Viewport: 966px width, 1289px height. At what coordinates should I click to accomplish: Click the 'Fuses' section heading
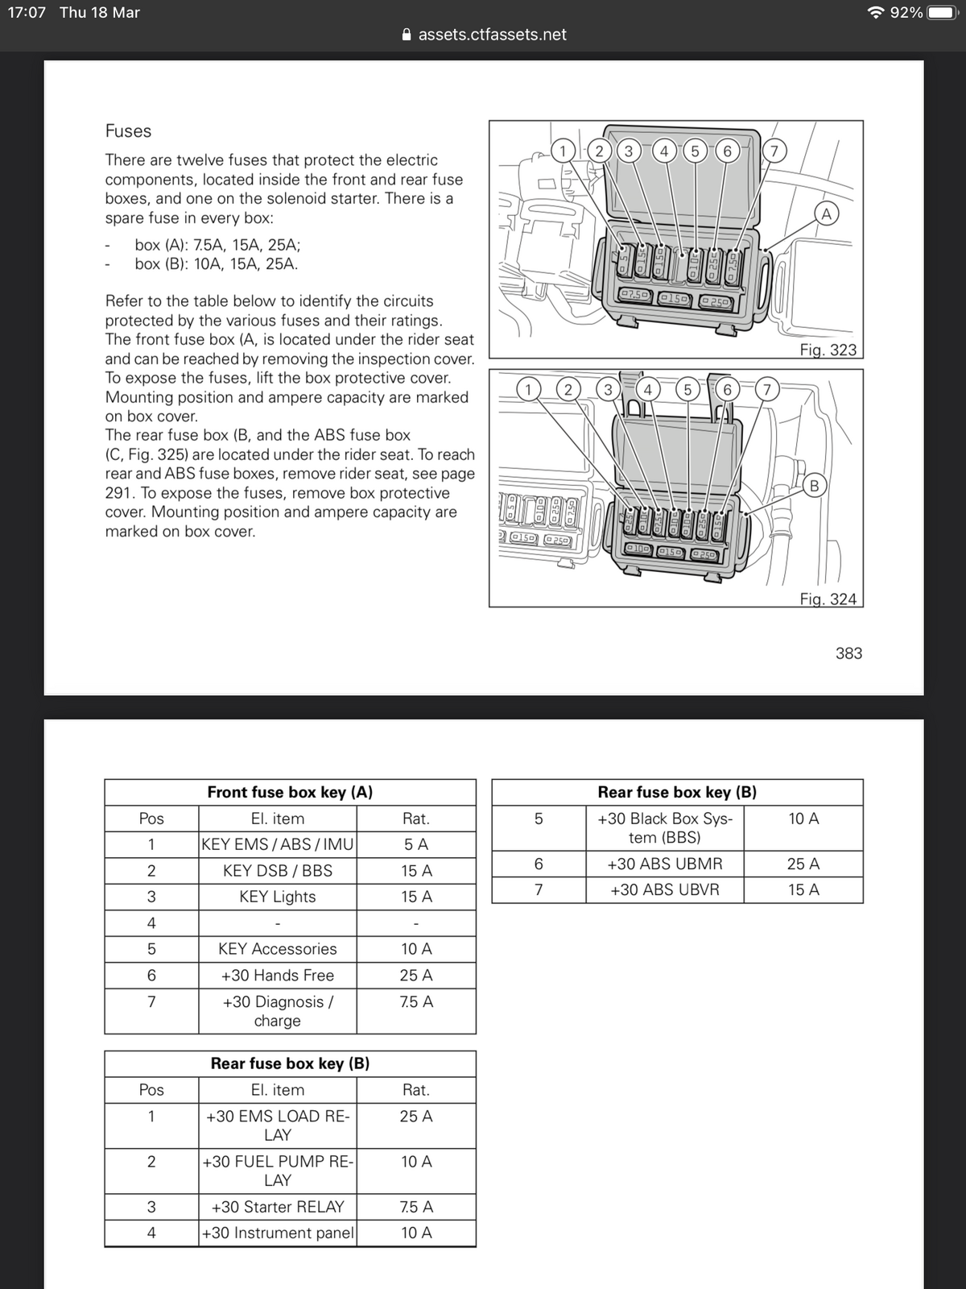[128, 131]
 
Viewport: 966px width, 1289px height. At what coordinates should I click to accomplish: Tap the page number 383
[848, 653]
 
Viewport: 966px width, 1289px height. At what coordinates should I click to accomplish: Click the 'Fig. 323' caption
[828, 350]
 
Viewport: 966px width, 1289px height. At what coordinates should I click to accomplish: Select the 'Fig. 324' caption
[828, 599]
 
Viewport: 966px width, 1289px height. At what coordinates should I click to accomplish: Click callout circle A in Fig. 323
[826, 213]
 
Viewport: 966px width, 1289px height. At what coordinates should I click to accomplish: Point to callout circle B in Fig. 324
[814, 486]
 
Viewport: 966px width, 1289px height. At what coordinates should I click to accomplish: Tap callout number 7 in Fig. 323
[774, 151]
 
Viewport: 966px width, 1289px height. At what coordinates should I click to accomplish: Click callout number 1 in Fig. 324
[528, 390]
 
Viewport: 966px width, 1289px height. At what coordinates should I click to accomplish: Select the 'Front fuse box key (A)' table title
[290, 792]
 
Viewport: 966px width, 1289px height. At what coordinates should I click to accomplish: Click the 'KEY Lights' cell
[277, 897]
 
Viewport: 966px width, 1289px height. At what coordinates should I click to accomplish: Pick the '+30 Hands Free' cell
[277, 975]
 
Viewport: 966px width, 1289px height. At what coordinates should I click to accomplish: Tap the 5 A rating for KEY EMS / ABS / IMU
[415, 844]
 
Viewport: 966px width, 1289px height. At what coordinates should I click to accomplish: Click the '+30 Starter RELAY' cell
[277, 1207]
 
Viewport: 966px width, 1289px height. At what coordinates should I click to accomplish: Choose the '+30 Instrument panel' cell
[277, 1233]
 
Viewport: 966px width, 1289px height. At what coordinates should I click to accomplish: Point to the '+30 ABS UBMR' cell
[664, 864]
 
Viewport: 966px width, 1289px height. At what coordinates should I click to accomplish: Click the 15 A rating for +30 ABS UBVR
[803, 889]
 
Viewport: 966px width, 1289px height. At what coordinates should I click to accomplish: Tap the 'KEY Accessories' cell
[277, 949]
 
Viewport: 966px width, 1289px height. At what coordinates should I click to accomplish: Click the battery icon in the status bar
[942, 13]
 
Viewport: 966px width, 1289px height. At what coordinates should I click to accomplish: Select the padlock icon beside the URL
[407, 35]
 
